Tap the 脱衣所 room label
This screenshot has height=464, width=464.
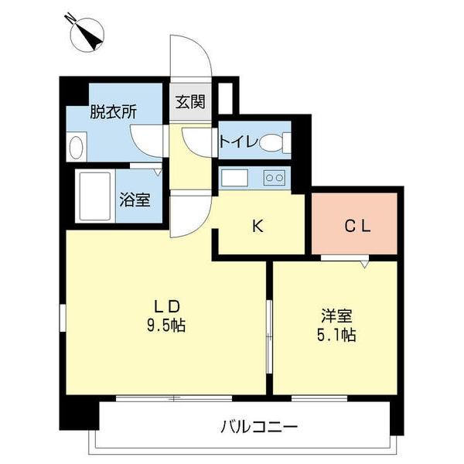click(113, 111)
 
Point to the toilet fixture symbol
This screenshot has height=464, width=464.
click(273, 142)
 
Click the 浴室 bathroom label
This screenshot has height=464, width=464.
click(135, 199)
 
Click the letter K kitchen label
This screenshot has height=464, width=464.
click(259, 227)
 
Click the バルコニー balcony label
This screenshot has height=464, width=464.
click(258, 427)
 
